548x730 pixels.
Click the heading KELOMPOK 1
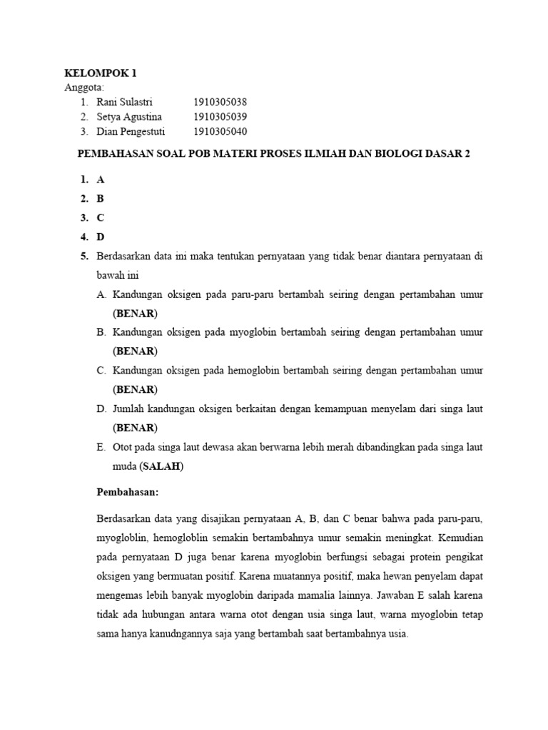coord(100,73)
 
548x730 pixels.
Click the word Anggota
coord(84,88)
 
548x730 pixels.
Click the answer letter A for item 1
coord(101,180)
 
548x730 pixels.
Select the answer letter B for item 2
coord(101,200)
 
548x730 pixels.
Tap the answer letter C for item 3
coord(101,219)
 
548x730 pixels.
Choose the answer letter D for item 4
coord(101,238)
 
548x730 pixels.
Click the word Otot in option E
coord(122,448)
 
